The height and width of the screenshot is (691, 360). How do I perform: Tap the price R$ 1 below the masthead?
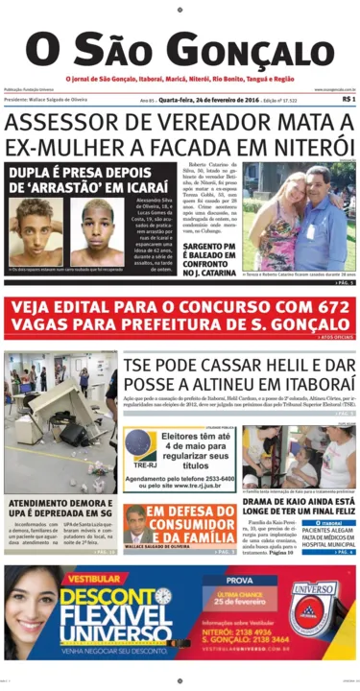pyautogui.click(x=348, y=99)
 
